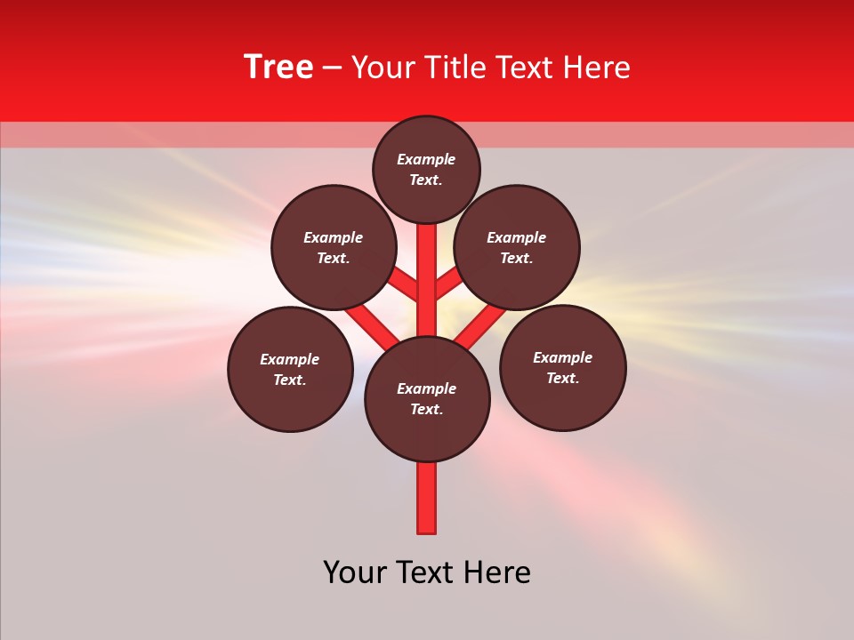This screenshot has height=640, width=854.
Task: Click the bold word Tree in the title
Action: click(x=278, y=68)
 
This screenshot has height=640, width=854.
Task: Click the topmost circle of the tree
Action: click(x=426, y=169)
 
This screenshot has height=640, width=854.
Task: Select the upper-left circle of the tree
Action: click(x=334, y=247)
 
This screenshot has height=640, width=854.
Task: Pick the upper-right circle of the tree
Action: click(x=517, y=247)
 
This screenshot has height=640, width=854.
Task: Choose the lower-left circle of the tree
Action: click(x=290, y=369)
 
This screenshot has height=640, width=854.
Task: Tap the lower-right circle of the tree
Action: click(x=562, y=367)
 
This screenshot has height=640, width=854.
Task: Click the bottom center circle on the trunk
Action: click(x=427, y=399)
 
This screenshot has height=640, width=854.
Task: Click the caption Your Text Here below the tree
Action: click(x=427, y=572)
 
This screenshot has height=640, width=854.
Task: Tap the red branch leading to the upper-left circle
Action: click(x=405, y=284)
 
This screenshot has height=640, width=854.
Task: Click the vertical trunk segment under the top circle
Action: click(x=427, y=267)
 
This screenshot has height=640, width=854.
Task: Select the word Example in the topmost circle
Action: click(x=426, y=159)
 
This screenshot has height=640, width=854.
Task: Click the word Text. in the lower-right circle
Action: click(x=562, y=378)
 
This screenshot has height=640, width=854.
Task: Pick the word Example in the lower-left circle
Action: click(x=289, y=359)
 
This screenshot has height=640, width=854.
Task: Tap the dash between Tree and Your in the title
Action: click(x=333, y=68)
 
